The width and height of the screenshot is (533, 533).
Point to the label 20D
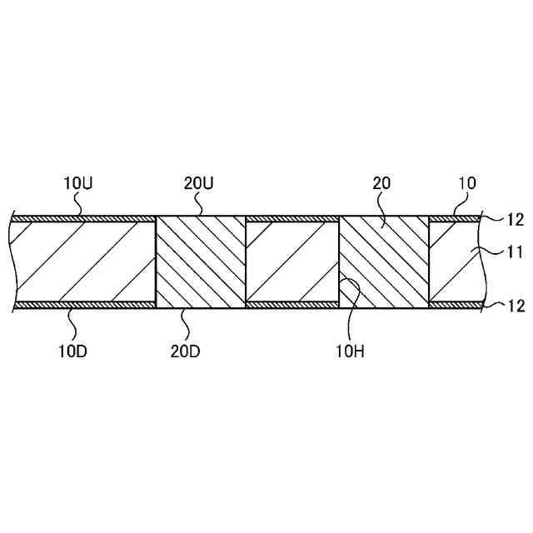(184, 350)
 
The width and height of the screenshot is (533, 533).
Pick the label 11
(516, 250)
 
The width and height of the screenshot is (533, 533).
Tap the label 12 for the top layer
(516, 219)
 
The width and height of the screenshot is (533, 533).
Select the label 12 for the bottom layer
(516, 306)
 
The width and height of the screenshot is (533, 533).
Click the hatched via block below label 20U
(201, 261)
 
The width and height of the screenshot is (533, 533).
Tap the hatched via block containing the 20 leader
(384, 261)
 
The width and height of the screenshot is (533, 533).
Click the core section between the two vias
(292, 262)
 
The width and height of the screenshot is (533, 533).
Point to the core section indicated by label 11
(455, 262)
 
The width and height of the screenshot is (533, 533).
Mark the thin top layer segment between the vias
(292, 218)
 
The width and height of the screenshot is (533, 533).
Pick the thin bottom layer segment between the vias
(292, 305)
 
